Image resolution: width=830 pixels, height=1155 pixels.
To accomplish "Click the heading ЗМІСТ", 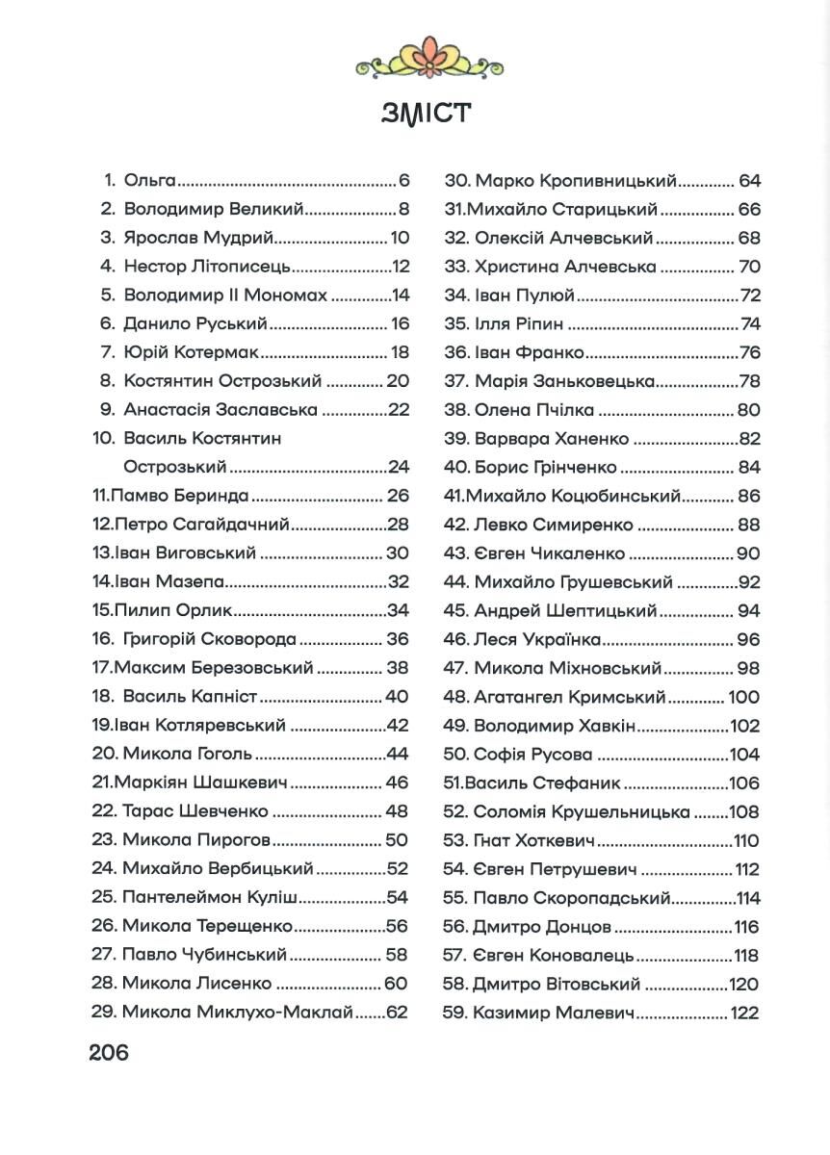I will click(x=426, y=113).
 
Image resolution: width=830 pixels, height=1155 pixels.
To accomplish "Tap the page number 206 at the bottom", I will click(x=109, y=1052).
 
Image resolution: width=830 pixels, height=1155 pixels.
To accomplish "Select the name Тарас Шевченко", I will click(x=195, y=811).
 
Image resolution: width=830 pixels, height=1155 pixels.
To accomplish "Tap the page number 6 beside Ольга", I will click(x=404, y=180).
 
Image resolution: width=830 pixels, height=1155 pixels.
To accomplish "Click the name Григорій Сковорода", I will click(x=210, y=639).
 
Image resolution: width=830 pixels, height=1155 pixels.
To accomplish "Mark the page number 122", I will click(x=744, y=1013).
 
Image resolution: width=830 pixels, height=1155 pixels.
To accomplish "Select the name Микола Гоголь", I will click(x=187, y=754).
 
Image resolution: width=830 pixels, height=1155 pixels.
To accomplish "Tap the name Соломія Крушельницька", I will click(x=582, y=811).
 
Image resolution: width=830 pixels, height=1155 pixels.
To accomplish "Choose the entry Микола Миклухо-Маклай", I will click(x=238, y=1013).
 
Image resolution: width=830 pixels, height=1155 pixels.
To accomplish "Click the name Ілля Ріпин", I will click(x=519, y=323).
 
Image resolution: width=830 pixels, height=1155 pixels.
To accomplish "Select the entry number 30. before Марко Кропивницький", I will click(x=455, y=180).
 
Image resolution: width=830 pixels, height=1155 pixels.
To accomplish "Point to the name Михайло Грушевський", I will click(x=573, y=581).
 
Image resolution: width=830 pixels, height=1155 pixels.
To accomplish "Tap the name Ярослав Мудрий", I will click(x=199, y=238).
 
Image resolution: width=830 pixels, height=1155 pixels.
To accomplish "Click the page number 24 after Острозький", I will click(x=399, y=468).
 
